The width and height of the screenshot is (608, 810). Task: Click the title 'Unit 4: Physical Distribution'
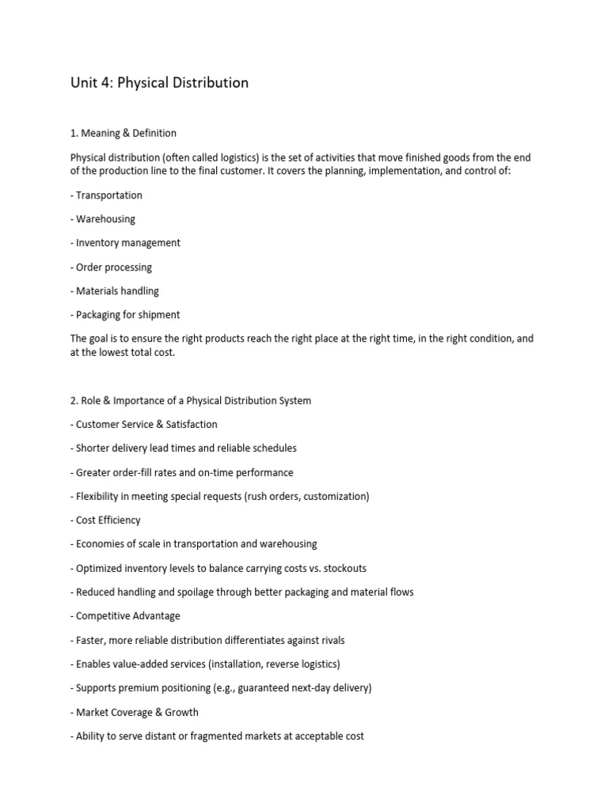tap(159, 82)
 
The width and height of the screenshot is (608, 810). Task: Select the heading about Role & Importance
tap(191, 400)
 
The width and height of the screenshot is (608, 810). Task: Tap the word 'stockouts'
tap(342, 568)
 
